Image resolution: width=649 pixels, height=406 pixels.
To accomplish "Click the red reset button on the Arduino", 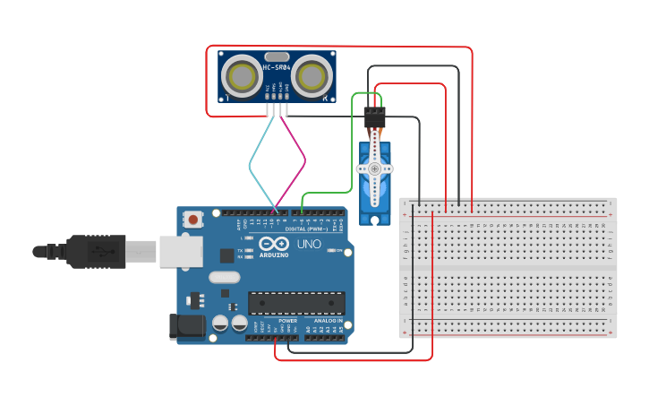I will click(193, 219).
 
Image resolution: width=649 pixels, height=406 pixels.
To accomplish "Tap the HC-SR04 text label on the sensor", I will click(276, 68).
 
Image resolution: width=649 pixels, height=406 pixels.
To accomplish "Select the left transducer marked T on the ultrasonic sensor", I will click(241, 75).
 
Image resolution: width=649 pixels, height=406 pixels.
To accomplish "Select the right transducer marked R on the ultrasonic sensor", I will click(312, 75).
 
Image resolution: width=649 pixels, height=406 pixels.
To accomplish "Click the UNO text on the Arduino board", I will click(309, 244).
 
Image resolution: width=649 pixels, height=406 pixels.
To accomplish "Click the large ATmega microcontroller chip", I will click(295, 304).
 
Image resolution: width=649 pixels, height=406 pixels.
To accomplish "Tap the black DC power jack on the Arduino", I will click(186, 327).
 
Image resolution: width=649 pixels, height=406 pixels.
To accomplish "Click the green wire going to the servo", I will click(350, 143).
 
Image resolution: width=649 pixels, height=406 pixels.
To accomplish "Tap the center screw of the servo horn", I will click(374, 168).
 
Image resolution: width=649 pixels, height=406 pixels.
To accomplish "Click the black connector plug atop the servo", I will click(374, 117).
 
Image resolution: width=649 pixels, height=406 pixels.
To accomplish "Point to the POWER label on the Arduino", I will click(287, 320).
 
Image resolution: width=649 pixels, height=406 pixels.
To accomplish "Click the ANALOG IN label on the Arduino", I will click(328, 320).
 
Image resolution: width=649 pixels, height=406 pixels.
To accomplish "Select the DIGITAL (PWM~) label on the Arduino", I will click(308, 229).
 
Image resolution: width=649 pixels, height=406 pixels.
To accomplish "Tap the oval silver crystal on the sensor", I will click(277, 56).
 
